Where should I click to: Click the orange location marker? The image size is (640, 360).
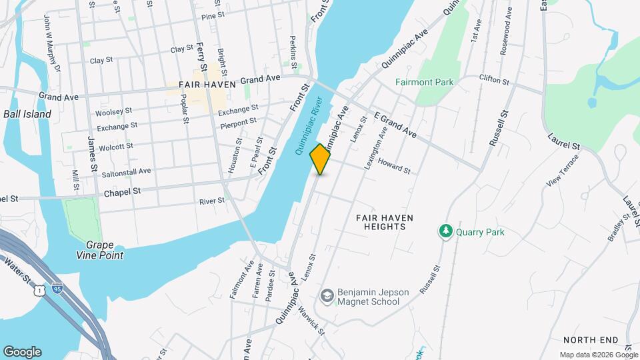coord(321,159)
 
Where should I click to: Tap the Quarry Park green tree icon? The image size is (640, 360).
coord(445,232)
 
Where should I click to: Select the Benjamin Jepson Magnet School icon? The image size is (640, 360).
coord(327,294)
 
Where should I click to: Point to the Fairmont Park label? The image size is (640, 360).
coord(424,83)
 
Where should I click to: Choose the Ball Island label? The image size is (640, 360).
coord(27,114)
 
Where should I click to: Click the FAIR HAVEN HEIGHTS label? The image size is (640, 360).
coord(385,222)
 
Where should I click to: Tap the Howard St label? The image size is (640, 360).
coord(394,166)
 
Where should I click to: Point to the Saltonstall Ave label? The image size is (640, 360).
coord(126,172)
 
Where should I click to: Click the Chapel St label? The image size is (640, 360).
coord(123,192)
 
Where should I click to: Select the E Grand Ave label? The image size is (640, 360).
coord(396,125)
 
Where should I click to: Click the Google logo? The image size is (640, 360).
coord(22,352)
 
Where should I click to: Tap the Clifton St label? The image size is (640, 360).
coord(494,80)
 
